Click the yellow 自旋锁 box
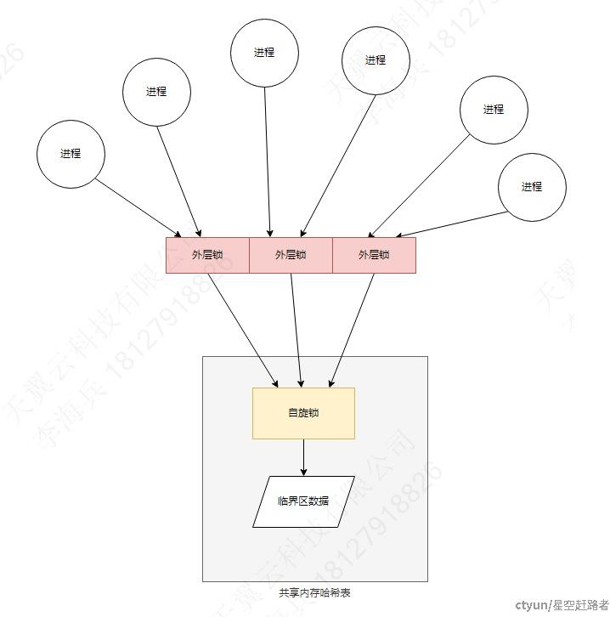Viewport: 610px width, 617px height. pos(303,413)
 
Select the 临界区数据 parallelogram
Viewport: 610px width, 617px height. pos(303,501)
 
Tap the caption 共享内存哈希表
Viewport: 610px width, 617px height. pos(314,593)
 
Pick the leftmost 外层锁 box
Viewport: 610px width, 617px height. pos(207,255)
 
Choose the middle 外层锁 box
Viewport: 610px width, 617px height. pos(291,255)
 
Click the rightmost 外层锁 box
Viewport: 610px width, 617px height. pos(374,255)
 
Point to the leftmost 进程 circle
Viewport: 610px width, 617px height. pos(71,154)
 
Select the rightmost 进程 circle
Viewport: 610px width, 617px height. pos(532,187)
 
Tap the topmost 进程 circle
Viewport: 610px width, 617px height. pos(264,52)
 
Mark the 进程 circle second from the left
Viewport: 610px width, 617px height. pos(156,92)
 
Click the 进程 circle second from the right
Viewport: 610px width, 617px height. pos(494,109)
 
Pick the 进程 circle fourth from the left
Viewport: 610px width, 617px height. pos(376,60)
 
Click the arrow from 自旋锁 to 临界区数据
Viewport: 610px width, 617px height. pos(303,457)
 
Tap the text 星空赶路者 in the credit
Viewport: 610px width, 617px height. pos(578,605)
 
